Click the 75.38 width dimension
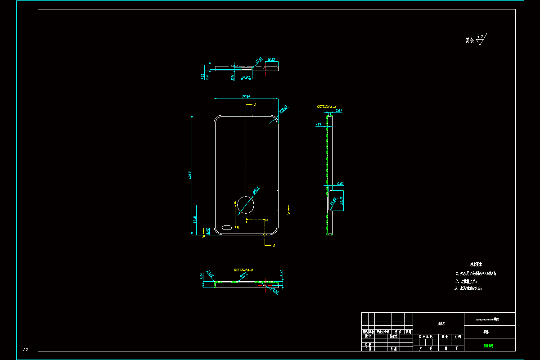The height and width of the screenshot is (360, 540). pos(246,96)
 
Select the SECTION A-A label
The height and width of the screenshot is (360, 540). pos(326,107)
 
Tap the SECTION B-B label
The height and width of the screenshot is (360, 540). pos(243,270)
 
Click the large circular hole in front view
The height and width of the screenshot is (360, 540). pos(246,205)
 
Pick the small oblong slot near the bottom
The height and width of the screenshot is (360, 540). pos(228,227)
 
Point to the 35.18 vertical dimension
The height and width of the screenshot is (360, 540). pos(195,220)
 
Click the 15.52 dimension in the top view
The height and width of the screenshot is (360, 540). pos(271,59)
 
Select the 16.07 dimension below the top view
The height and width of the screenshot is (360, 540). pos(246,77)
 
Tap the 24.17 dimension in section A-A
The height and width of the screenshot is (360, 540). pos(342,201)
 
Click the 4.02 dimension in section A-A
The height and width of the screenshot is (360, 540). pos(340,184)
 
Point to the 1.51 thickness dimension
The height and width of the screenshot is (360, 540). pos(318,125)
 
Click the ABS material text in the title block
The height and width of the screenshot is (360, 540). pos(441,324)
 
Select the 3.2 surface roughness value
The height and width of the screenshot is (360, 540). pos(480,36)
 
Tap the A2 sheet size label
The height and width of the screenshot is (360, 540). pos(26,349)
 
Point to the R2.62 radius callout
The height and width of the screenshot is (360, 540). pos(274,290)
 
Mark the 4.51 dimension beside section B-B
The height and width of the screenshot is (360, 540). pos(281,273)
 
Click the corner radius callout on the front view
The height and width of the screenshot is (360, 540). pos(283,109)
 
